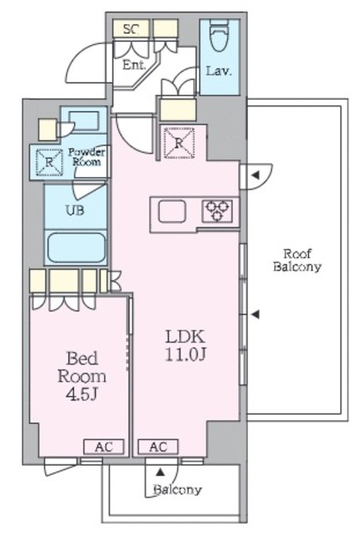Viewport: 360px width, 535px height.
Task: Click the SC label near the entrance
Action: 131,29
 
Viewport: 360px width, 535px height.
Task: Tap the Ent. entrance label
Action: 134,65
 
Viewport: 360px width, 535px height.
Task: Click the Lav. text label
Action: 219,71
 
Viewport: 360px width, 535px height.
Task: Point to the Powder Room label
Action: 86,156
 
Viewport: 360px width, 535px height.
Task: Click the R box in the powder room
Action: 49,162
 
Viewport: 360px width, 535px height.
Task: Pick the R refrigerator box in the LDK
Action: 179,143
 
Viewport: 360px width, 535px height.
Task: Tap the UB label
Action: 75,210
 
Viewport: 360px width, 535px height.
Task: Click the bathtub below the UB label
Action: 76,247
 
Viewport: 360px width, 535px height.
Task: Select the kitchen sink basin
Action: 172,211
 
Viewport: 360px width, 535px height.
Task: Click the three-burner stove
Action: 217,211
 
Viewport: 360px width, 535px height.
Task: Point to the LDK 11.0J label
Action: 185,345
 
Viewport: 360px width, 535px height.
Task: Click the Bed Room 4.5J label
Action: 82,376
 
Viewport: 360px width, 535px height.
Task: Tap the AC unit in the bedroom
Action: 104,446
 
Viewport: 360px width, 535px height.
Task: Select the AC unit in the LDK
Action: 158,446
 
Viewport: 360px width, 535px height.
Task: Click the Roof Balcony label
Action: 297,260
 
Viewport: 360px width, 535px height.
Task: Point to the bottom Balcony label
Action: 178,490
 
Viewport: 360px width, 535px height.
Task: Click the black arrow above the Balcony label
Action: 160,472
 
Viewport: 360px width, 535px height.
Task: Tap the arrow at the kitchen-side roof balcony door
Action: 256,176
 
